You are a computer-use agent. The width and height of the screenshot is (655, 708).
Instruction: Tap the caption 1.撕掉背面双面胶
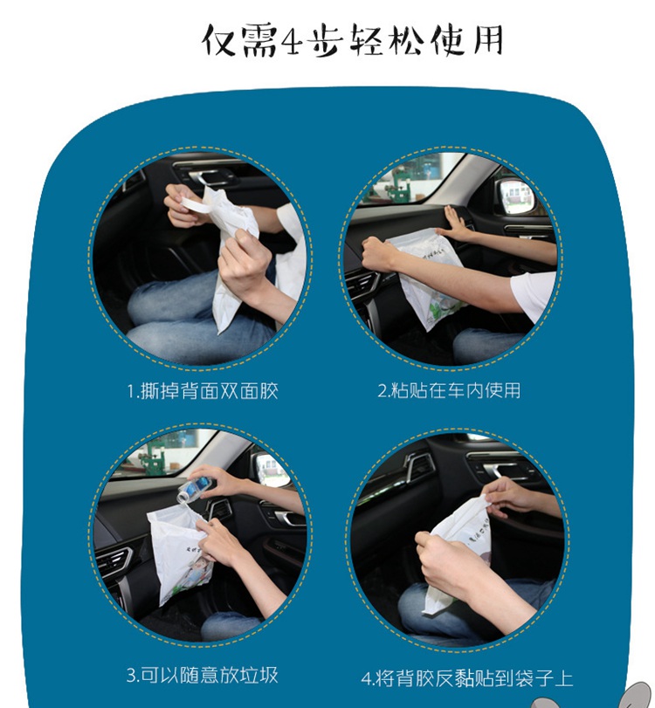pyautogui.click(x=203, y=391)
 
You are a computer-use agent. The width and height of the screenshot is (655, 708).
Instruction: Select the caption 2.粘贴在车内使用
pyautogui.click(x=449, y=390)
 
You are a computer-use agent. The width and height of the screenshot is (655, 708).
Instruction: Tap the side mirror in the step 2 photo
pyautogui.click(x=516, y=196)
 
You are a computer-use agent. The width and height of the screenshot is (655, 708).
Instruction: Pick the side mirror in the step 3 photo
pyautogui.click(x=270, y=470)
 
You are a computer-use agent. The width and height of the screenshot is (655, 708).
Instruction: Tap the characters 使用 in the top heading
pyautogui.click(x=467, y=41)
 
